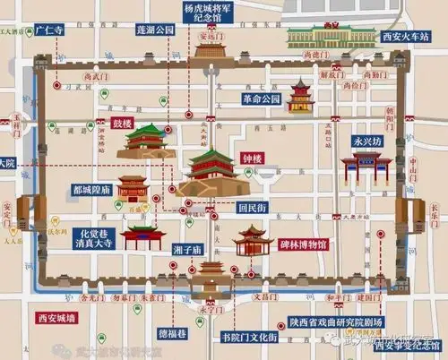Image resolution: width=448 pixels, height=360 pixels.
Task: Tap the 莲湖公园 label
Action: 155,29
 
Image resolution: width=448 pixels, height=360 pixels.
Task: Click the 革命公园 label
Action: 262,99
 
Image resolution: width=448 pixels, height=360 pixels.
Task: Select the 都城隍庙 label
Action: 92,190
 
